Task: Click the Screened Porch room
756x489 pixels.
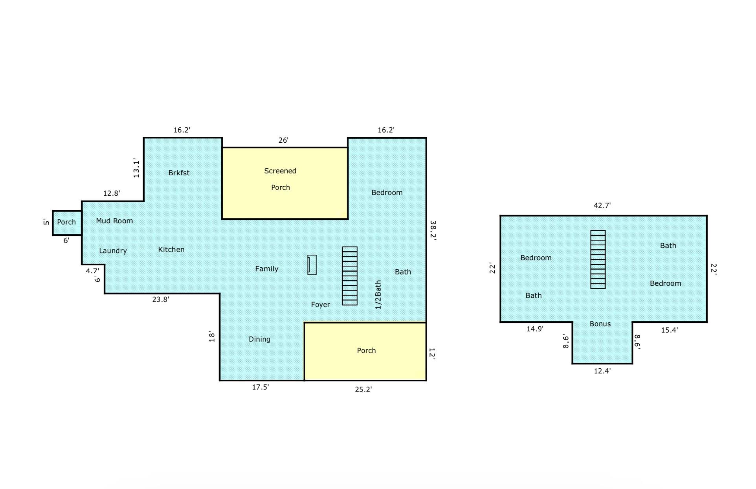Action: pos(285,183)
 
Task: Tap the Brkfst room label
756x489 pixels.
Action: pos(179,173)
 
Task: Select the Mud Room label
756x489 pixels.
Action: pos(114,221)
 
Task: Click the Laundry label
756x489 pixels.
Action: pos(113,251)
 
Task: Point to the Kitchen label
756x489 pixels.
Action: pos(171,250)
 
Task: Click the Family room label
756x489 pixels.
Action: pos(267,269)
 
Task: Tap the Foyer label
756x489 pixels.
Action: pos(321,305)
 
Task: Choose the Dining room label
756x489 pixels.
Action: pos(260,339)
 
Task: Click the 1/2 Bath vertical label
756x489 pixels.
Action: pos(378,295)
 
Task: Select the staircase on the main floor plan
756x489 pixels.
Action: pos(350,276)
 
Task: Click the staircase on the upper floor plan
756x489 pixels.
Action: pos(598,259)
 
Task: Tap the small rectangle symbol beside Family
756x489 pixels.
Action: pos(312,265)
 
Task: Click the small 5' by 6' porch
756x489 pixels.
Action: pos(67,223)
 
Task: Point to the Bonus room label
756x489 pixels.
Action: pos(600,324)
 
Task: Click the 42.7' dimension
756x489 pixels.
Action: pos(602,206)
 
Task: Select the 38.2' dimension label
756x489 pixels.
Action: pos(433,230)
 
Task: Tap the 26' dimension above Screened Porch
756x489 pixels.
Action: pos(283,140)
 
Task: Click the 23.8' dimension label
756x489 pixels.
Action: pos(161,300)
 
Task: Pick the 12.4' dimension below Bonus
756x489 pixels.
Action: pos(602,371)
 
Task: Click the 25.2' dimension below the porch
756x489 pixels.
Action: pos(363,390)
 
